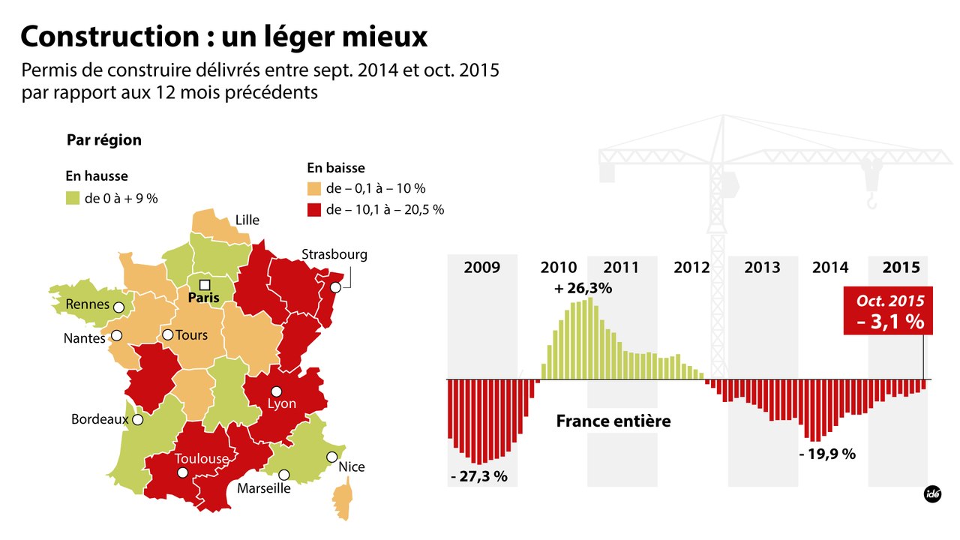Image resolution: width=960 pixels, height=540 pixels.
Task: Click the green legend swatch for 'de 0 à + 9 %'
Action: tap(72, 198)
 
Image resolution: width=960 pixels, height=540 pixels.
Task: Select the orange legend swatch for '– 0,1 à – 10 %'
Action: tap(313, 188)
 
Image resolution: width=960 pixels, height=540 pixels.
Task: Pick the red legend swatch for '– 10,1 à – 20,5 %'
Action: tap(313, 209)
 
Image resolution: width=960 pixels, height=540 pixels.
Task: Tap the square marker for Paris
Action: tap(204, 285)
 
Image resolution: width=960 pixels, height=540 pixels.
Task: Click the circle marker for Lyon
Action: tap(277, 391)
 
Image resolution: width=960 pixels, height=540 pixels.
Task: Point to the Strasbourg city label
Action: tap(334, 254)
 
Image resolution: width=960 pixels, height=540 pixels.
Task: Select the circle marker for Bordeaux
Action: tap(137, 421)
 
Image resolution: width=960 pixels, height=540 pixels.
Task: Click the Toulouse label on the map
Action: tap(201, 458)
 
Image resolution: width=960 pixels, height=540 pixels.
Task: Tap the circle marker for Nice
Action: tap(331, 457)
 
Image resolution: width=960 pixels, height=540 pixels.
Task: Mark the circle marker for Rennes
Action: tap(118, 307)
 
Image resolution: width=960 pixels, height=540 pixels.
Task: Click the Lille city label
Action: tap(247, 220)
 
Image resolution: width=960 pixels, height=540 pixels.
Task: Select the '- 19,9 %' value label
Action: tap(826, 454)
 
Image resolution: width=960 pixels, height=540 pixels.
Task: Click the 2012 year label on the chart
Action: tap(691, 268)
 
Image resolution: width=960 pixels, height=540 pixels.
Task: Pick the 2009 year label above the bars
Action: tap(481, 268)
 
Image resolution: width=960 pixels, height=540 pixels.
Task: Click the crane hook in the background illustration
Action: tap(871, 201)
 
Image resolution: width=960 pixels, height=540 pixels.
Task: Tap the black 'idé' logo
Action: tap(932, 494)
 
